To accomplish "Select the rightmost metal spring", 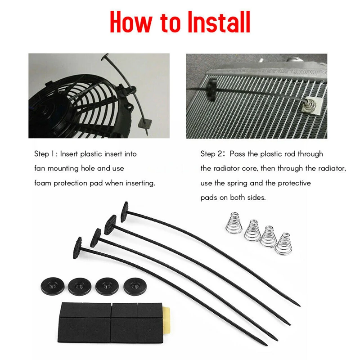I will [x=283, y=243].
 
